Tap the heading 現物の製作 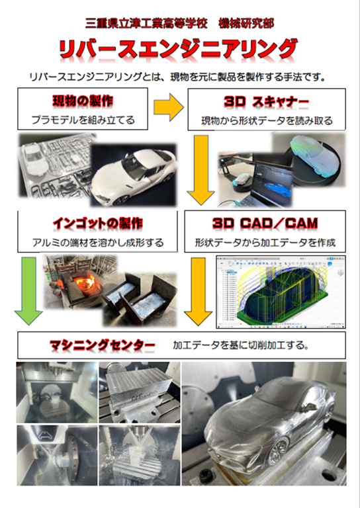(x=83, y=101)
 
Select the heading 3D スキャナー (x=266, y=102)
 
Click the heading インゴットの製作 (x=97, y=224)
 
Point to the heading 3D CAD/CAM (x=265, y=223)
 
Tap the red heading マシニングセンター (x=102, y=345)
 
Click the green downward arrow (x=29, y=291)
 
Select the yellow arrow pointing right (x=169, y=108)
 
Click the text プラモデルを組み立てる (x=83, y=120)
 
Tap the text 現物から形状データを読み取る (x=267, y=121)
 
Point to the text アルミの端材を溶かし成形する (x=97, y=243)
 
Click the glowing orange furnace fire (x=85, y=281)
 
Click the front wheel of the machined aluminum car (x=278, y=448)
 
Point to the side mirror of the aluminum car (x=308, y=405)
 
